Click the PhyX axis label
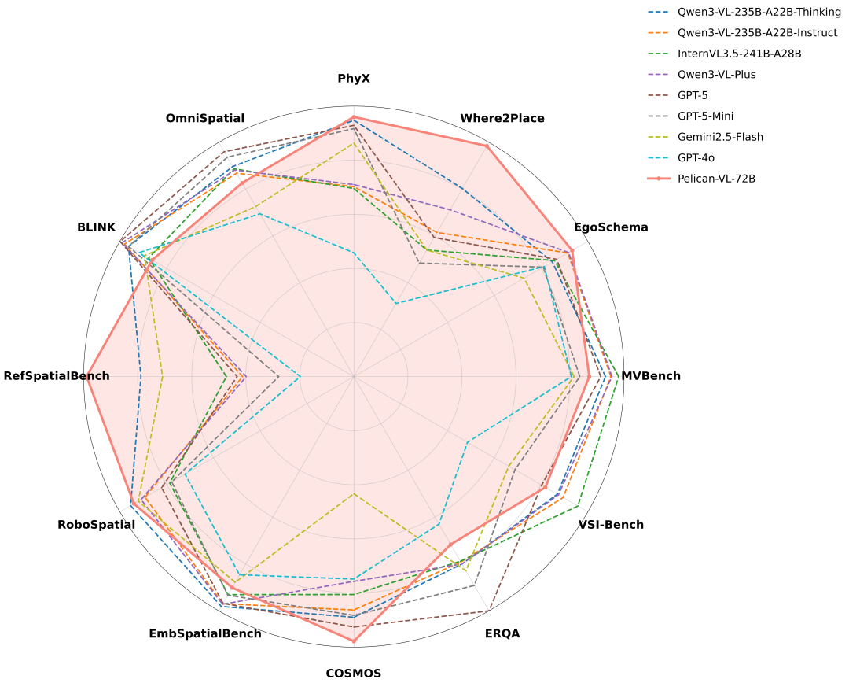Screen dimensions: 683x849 click(x=354, y=79)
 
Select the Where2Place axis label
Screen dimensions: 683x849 click(x=502, y=119)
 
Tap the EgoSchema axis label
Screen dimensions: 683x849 click(x=611, y=227)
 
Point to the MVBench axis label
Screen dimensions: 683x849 click(x=651, y=376)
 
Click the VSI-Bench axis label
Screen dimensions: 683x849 click(x=611, y=525)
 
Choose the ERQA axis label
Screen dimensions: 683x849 click(x=502, y=633)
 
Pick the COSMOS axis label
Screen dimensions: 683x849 click(x=354, y=674)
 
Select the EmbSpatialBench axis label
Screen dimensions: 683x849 click(x=205, y=633)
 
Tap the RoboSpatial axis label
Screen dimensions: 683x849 click(x=97, y=525)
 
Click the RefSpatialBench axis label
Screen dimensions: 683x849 click(x=57, y=376)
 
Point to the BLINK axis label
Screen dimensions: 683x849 click(x=97, y=227)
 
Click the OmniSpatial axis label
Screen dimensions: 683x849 click(x=205, y=119)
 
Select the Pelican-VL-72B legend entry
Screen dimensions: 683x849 click(x=716, y=179)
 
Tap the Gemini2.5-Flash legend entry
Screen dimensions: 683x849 click(x=720, y=137)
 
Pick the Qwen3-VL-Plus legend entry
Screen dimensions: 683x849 click(x=716, y=75)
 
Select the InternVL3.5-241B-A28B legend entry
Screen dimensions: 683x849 click(x=739, y=54)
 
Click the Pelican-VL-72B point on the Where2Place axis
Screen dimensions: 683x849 click(x=487, y=146)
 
